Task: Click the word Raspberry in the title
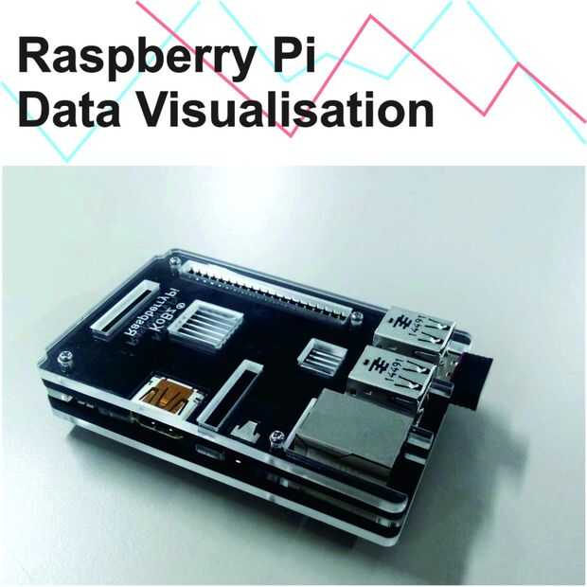click(128, 59)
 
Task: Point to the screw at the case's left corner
click(63, 358)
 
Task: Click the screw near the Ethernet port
click(276, 437)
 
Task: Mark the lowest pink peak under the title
click(293, 133)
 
